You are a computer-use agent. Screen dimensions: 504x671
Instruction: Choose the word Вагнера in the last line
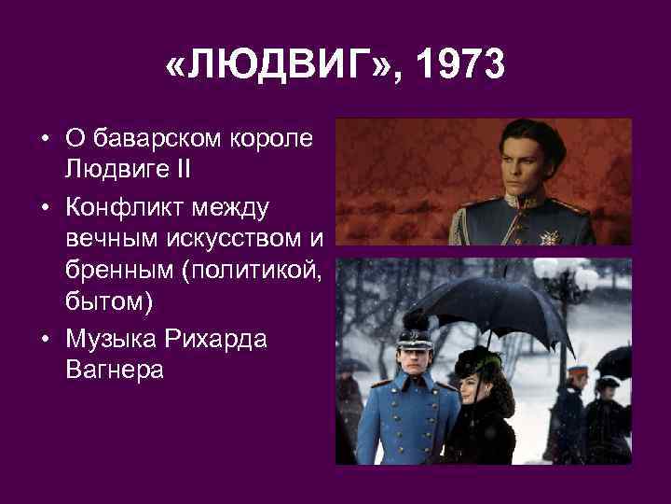114,371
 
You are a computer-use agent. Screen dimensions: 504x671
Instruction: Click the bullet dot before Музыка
45,339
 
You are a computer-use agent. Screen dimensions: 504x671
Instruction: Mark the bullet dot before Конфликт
45,204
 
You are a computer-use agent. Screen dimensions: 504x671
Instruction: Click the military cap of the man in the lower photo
411,326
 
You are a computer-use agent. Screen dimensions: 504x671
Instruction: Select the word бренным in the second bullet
117,271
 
